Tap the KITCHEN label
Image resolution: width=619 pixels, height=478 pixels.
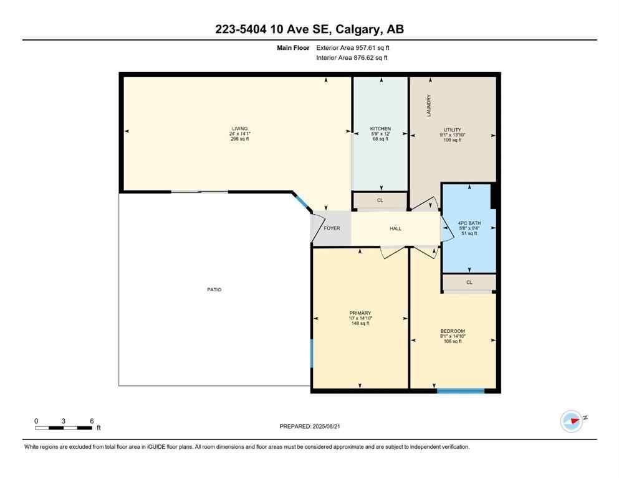tap(380, 129)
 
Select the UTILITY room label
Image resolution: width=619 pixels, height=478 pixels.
tap(452, 129)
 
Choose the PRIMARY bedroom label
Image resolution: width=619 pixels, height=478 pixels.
tap(360, 313)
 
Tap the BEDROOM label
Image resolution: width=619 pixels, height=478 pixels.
tap(452, 331)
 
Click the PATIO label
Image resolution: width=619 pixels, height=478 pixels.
tap(214, 289)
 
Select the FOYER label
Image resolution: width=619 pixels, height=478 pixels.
tap(332, 228)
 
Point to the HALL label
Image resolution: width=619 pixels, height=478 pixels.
tap(395, 228)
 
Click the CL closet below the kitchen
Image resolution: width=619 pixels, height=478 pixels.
tap(380, 201)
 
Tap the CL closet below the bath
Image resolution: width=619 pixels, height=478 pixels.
tap(469, 282)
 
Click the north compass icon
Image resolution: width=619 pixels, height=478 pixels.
tap(571, 421)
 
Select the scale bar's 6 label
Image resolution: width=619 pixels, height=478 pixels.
tap(92, 421)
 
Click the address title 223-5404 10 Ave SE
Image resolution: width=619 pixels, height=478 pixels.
tap(309, 29)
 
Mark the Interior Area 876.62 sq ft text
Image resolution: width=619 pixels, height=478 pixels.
tap(352, 58)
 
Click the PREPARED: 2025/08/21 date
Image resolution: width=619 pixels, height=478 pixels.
tap(309, 426)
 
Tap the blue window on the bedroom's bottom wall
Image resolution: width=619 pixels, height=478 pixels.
tap(461, 391)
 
